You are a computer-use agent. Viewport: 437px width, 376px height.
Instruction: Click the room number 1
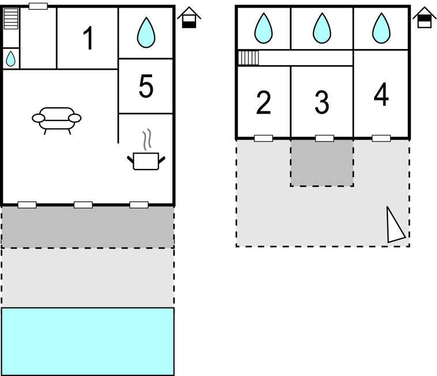(88, 38)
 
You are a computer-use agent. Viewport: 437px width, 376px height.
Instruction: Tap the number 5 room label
(146, 86)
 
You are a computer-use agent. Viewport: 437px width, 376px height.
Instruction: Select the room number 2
(263, 102)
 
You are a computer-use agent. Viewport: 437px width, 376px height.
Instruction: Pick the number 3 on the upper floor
(322, 102)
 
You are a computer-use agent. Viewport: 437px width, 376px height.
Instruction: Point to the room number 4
(381, 94)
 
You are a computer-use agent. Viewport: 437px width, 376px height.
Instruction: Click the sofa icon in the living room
(56, 121)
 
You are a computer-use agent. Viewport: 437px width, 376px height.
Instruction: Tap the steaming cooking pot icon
(146, 150)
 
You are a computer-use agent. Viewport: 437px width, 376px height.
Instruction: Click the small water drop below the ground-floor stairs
(10, 58)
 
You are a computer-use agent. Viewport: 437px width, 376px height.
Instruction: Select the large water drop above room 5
(146, 32)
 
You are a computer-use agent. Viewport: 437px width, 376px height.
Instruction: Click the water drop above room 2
(263, 28)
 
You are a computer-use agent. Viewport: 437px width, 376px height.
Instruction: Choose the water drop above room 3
(322, 28)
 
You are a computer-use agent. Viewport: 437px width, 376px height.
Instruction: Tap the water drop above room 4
(381, 28)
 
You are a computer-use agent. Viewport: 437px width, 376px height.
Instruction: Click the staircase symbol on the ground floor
(11, 18)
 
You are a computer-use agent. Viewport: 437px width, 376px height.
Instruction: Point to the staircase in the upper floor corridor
(248, 58)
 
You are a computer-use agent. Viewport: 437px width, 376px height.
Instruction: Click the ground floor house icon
(189, 17)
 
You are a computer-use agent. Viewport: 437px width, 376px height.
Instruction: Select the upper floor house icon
(424, 17)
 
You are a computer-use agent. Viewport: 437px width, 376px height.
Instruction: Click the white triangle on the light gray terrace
(394, 226)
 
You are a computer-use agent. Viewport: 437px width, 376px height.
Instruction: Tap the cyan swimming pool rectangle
(88, 341)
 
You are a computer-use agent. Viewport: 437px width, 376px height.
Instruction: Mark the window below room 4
(381, 138)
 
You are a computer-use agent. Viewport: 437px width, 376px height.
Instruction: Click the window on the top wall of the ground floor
(38, 6)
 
